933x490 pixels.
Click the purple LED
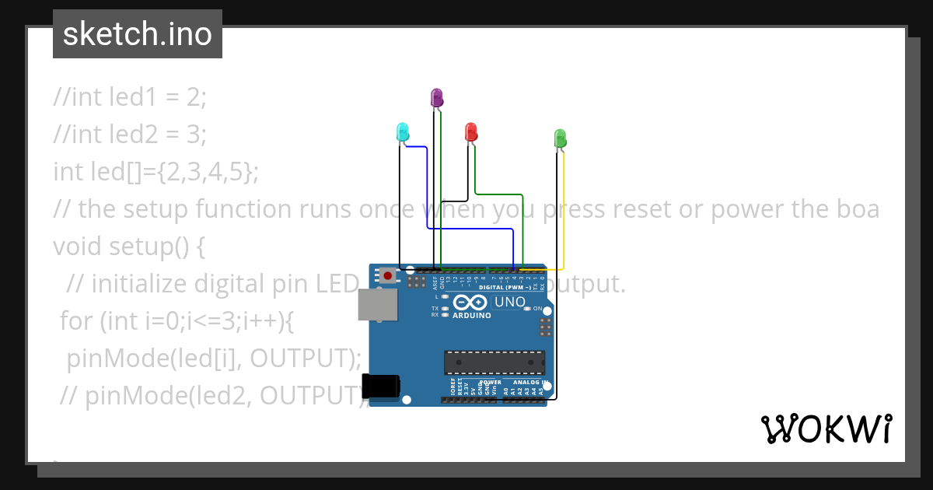437,98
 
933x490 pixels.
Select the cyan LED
403,131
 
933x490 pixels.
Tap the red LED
470,131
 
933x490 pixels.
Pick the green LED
560,138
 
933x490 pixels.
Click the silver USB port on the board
378,304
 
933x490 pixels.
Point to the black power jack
381,387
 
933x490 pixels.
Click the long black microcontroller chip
494,362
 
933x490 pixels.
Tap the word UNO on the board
510,302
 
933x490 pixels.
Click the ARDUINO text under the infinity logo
472,316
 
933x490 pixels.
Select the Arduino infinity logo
472,303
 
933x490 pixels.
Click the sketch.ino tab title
138,34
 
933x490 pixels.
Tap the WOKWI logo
826,429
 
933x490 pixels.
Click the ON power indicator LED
528,309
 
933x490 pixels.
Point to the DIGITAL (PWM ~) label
505,287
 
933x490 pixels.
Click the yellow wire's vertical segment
564,210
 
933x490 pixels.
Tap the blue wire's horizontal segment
470,229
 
